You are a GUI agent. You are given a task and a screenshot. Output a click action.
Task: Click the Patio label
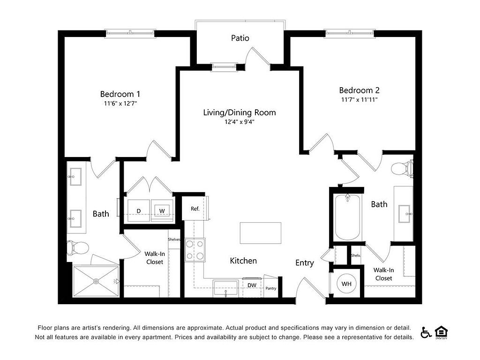(x=240, y=38)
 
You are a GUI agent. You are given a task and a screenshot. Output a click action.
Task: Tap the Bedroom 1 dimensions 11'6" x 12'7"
(x=120, y=104)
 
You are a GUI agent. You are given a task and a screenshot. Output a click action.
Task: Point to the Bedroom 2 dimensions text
(x=360, y=99)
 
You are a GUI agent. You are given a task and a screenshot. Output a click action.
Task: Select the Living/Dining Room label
(x=240, y=112)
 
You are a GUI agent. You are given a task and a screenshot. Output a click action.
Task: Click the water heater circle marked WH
(x=346, y=284)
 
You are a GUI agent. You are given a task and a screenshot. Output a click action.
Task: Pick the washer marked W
(x=162, y=210)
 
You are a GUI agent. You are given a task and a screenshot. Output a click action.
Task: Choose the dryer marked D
(x=139, y=210)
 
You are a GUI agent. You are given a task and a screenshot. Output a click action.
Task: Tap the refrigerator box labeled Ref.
(x=195, y=209)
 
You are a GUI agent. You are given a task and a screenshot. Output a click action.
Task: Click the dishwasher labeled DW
(x=252, y=285)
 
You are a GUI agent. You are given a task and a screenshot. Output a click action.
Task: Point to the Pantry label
(x=271, y=288)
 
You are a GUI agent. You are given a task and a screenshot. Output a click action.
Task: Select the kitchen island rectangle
(x=261, y=233)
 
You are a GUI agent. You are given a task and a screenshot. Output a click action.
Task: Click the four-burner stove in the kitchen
(x=195, y=250)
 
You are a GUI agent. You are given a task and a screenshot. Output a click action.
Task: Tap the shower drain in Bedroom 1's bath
(x=97, y=281)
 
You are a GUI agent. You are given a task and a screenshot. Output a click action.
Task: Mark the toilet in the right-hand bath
(x=402, y=169)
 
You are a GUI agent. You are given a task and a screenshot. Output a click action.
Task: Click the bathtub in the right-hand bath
(x=347, y=217)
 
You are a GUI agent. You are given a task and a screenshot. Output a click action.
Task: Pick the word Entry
(x=305, y=263)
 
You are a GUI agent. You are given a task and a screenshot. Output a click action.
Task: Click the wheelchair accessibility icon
(x=426, y=332)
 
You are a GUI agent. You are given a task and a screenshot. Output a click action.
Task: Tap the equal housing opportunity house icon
(x=441, y=332)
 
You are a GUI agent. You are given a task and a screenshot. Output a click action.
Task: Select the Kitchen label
(x=243, y=261)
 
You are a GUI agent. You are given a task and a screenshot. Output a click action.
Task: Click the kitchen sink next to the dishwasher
(x=225, y=288)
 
